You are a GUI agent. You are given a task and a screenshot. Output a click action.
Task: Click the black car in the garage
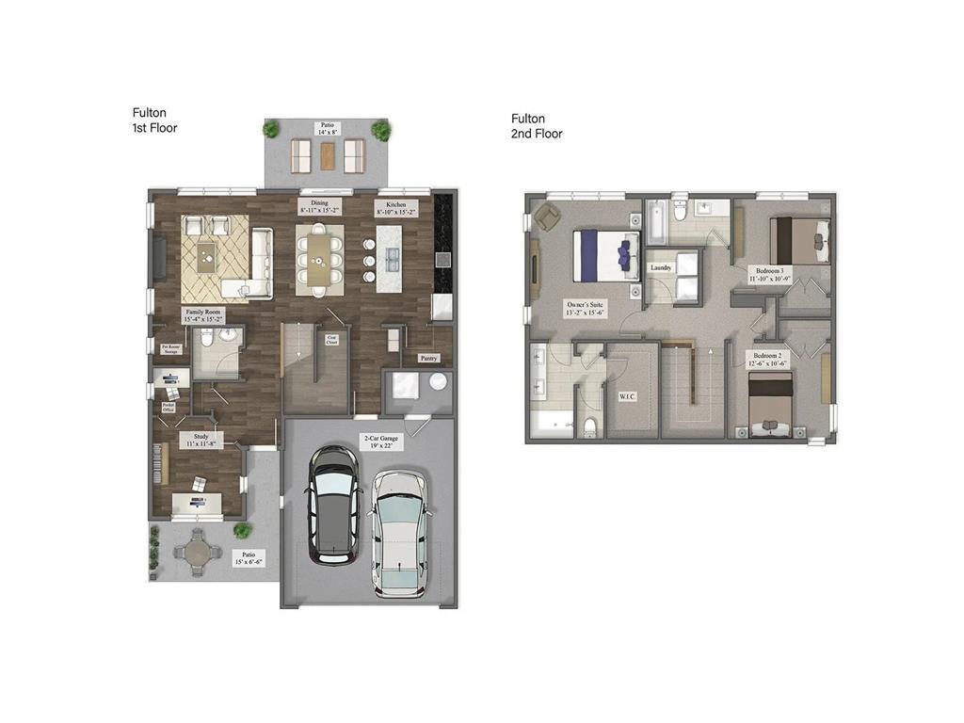(333, 505)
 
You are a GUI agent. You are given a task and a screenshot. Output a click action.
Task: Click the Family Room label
(203, 315)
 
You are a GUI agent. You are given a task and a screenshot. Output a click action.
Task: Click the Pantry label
(428, 358)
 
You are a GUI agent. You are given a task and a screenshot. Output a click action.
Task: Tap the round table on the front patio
(199, 551)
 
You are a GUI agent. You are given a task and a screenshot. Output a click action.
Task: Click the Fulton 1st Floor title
(154, 120)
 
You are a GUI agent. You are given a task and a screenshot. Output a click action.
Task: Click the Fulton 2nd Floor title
(537, 126)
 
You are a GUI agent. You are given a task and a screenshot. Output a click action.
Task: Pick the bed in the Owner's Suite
(606, 255)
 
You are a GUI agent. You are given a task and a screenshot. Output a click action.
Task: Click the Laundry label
(661, 267)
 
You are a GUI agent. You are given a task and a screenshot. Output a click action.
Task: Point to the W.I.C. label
(627, 396)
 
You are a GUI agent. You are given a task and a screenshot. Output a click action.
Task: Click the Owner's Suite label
(585, 309)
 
